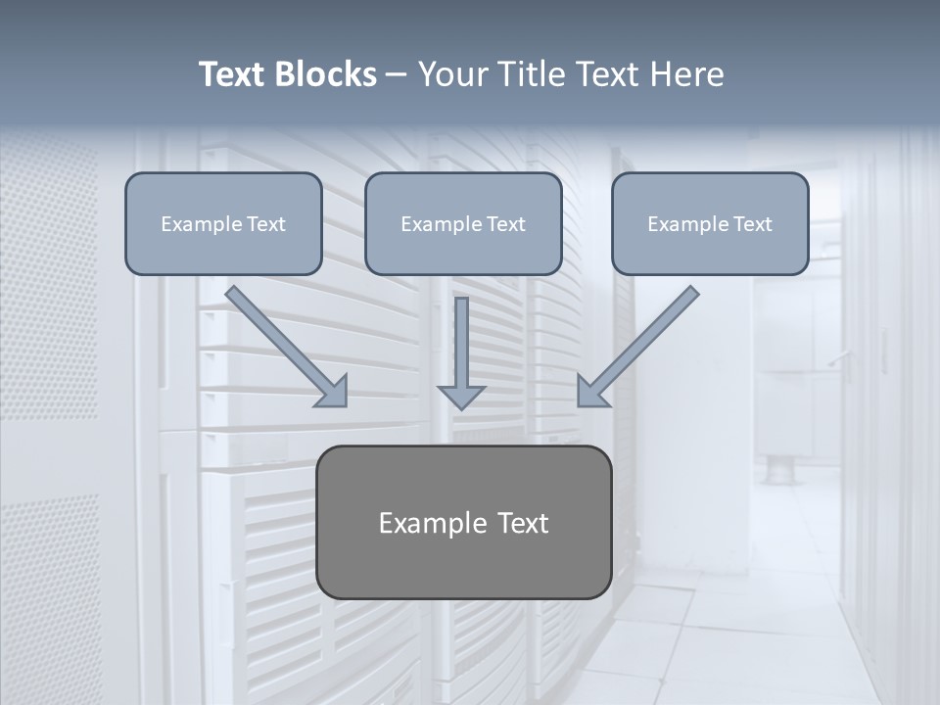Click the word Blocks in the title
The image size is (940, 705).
[x=327, y=74]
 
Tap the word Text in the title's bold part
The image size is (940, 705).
[x=234, y=74]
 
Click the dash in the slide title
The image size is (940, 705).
[x=397, y=75]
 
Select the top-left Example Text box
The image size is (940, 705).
[x=223, y=223]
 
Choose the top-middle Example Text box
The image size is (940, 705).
[x=463, y=223]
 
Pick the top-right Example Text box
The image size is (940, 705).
[x=710, y=223]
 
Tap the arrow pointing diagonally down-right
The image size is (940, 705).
[x=284, y=344]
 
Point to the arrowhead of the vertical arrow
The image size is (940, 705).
[x=461, y=396]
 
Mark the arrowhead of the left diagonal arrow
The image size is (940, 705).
[x=333, y=392]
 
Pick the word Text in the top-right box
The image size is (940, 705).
[x=753, y=224]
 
